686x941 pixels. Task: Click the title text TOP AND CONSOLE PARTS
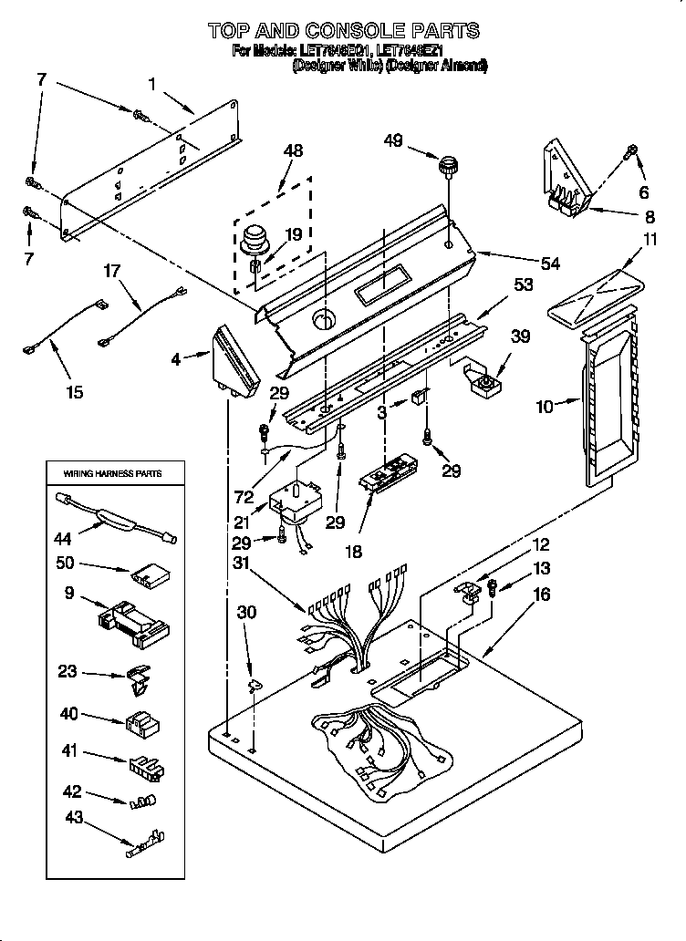pos(343,31)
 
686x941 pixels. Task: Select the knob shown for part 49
pos(447,168)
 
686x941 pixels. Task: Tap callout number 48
pos(294,150)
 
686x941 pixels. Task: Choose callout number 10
pos(545,407)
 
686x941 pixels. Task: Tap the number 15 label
pos(74,392)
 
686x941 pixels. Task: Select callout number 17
pos(111,270)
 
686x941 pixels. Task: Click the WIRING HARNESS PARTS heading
pos(112,474)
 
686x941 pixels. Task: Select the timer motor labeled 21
pos(296,504)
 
